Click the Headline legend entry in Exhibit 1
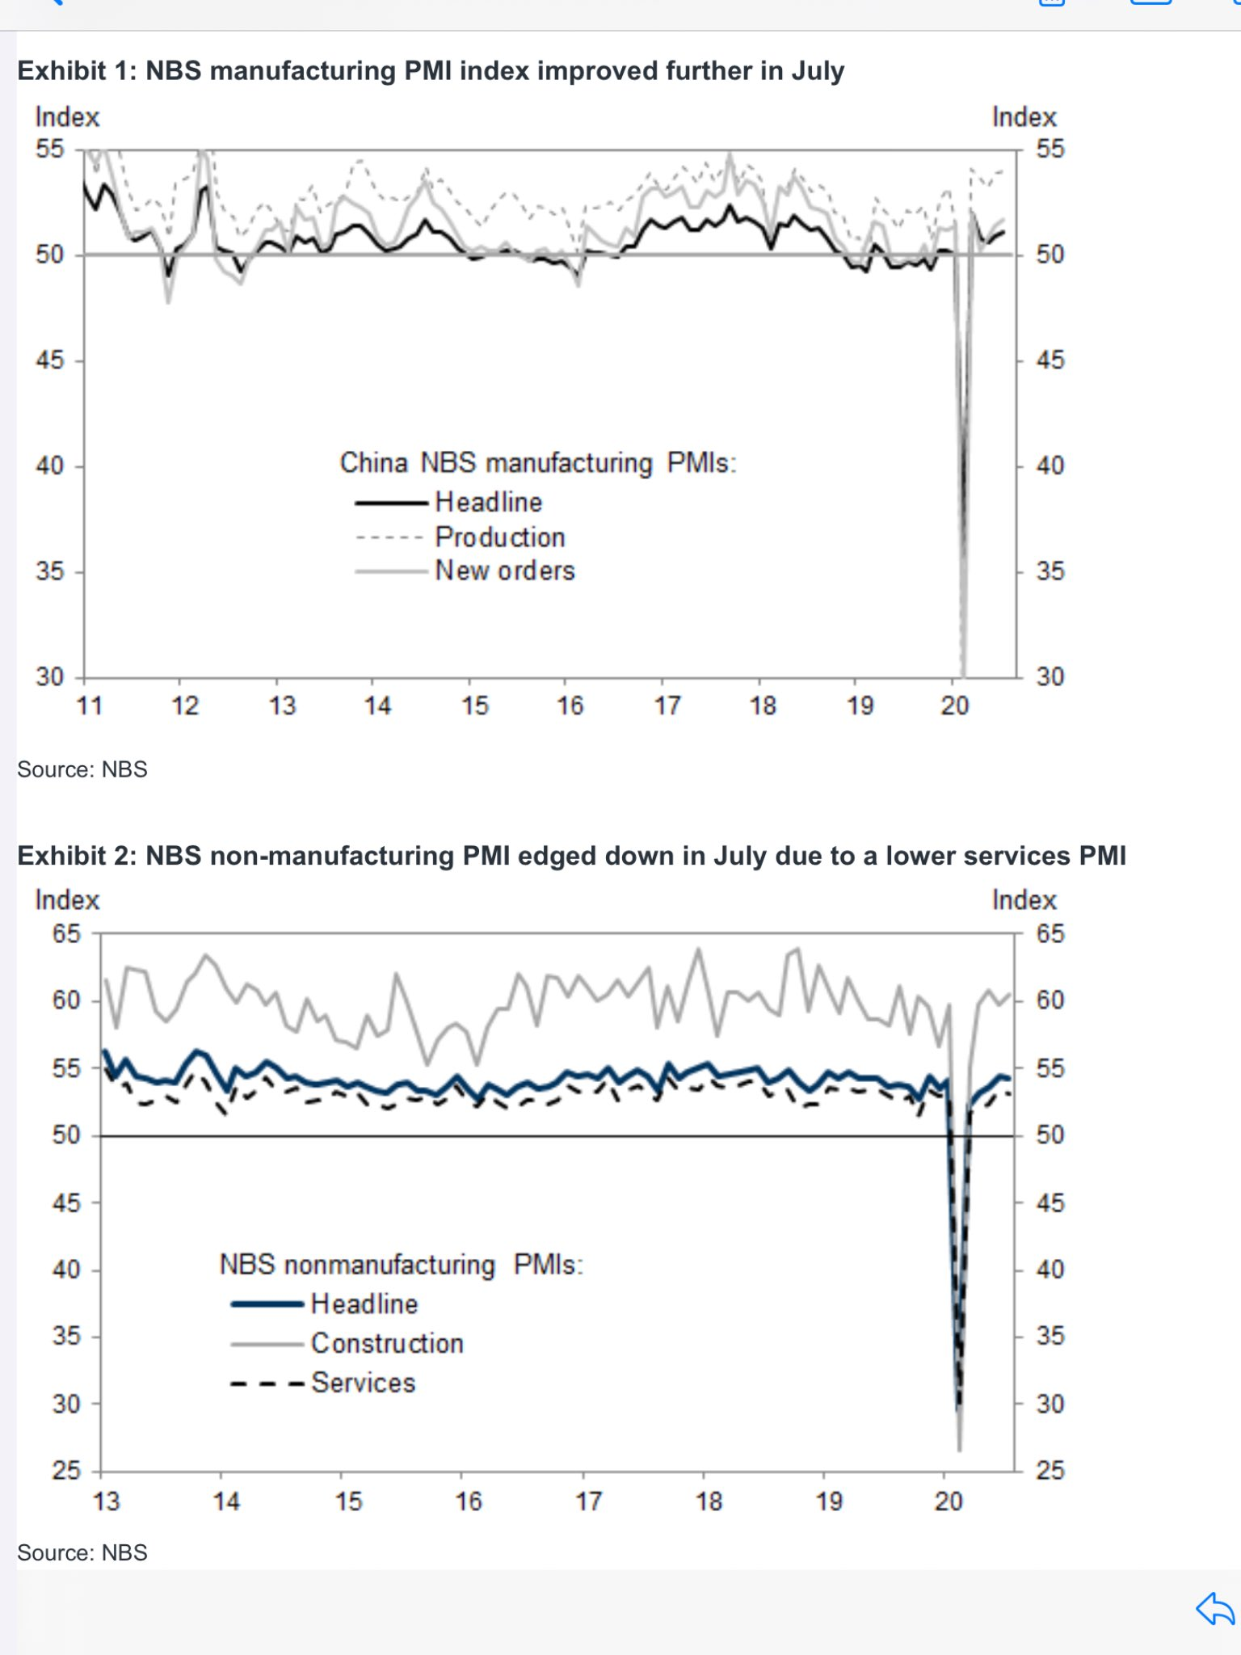click(488, 502)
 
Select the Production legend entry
click(499, 537)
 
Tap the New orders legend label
click(504, 571)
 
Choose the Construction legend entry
click(387, 1343)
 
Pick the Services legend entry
click(363, 1383)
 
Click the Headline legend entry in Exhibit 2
click(364, 1303)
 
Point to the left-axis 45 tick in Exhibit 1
click(50, 360)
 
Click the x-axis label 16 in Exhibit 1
click(570, 706)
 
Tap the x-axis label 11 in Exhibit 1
click(89, 706)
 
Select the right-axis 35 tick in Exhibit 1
click(1050, 571)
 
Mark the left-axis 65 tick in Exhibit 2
click(66, 934)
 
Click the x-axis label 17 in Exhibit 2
click(588, 1501)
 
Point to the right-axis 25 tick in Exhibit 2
click(1050, 1470)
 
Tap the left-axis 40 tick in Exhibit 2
click(66, 1270)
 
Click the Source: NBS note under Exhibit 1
click(82, 769)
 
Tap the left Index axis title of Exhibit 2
click(67, 900)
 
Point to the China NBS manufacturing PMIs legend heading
click(537, 463)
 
